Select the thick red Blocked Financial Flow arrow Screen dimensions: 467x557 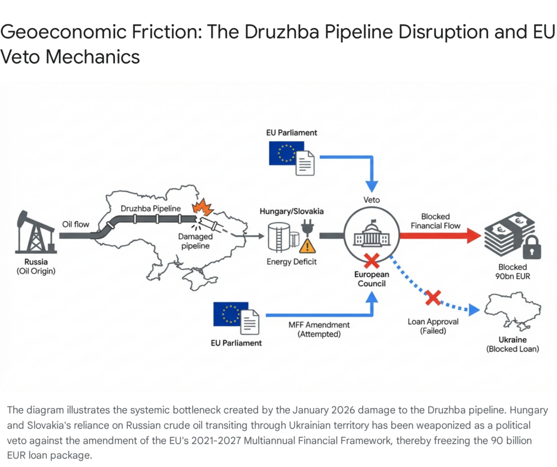point(441,235)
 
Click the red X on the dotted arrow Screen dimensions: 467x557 point(433,297)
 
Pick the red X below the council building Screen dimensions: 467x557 point(372,261)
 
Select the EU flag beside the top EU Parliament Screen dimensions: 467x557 point(286,153)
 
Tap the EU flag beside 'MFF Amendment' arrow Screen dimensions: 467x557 point(231,314)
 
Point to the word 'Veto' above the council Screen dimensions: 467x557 point(372,200)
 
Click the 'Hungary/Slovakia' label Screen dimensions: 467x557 point(291,211)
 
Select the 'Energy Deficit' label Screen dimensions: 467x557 point(292,262)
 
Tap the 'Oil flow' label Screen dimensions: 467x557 point(75,224)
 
